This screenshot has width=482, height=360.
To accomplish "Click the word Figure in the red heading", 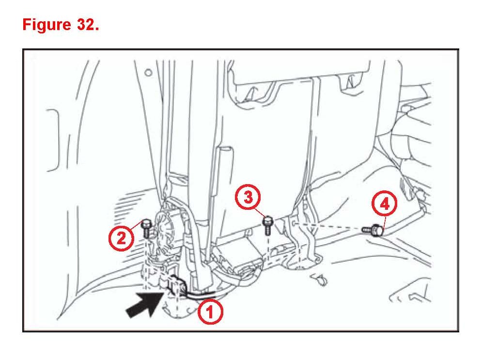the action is click(x=47, y=25).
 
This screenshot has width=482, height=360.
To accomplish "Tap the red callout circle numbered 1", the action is click(x=210, y=312).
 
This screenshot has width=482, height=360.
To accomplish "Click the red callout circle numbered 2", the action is click(x=121, y=238).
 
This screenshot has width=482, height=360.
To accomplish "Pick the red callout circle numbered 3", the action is click(x=248, y=198).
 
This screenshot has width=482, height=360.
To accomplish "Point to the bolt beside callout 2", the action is click(x=146, y=228).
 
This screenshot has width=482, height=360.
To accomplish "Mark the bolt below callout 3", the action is click(x=268, y=225).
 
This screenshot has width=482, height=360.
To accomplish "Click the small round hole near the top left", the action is click(x=148, y=73).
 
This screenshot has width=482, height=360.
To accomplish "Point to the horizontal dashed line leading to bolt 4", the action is click(x=328, y=227).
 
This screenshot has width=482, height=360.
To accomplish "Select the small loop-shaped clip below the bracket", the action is click(x=319, y=279).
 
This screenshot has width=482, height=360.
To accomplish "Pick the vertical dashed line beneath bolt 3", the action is click(x=268, y=249).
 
